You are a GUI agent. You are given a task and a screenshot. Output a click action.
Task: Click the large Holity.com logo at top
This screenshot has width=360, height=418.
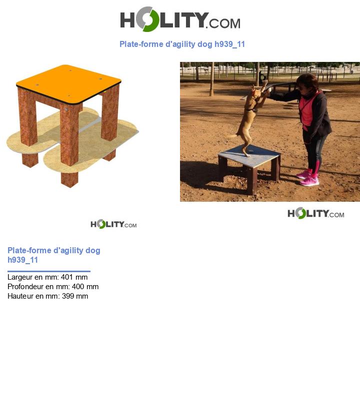(180, 19)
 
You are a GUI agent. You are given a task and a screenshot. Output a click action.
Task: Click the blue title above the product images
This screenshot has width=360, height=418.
(182, 44)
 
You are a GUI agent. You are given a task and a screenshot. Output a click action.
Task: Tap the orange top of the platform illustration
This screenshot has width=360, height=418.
(69, 83)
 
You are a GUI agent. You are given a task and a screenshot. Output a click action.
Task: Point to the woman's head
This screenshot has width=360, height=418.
(307, 82)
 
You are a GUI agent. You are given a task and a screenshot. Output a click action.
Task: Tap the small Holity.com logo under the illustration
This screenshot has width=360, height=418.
(113, 224)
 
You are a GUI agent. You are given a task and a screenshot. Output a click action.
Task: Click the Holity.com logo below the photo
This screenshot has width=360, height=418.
(315, 214)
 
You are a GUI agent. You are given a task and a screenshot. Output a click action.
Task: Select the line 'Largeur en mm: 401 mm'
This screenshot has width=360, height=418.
(47, 277)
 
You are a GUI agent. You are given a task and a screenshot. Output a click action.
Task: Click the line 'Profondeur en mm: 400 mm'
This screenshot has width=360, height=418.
(53, 287)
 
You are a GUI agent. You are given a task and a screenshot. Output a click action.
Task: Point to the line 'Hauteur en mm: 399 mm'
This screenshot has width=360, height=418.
(47, 296)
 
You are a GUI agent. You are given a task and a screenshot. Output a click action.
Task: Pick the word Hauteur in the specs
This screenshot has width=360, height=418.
(20, 296)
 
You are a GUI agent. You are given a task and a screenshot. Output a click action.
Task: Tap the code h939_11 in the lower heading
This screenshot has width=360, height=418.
(22, 260)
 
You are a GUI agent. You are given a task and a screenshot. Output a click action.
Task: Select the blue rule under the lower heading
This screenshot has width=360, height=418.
(49, 271)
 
